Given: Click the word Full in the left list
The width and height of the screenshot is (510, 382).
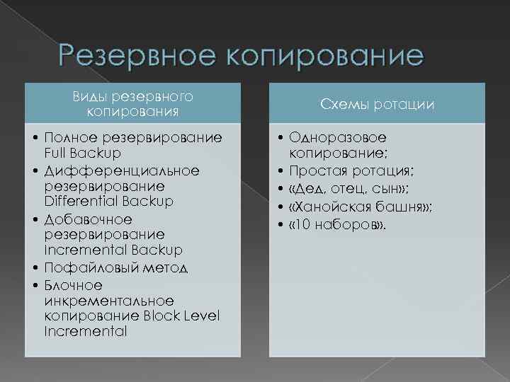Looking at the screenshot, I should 55,153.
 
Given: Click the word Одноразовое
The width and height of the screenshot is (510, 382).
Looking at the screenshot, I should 338,137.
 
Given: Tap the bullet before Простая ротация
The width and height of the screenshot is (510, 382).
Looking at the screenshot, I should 282,171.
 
